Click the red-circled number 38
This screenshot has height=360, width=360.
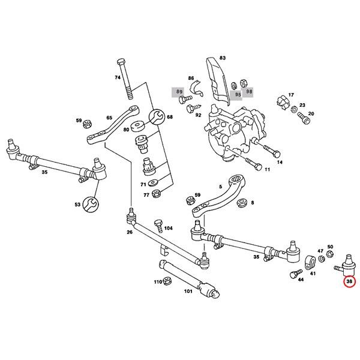[349, 280]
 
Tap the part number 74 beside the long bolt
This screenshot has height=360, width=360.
[118, 79]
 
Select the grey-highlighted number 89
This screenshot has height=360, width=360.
[179, 92]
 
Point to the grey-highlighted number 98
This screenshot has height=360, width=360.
[249, 92]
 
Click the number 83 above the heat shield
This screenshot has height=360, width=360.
[222, 58]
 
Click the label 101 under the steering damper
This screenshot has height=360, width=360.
[188, 293]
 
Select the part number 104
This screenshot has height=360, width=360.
[168, 229]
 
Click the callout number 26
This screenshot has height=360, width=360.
[130, 232]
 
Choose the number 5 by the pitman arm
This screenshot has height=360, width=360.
[220, 187]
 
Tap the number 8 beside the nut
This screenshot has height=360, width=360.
[252, 203]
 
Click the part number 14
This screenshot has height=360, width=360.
[278, 162]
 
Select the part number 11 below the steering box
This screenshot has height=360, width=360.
[267, 170]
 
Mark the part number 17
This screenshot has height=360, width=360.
[292, 95]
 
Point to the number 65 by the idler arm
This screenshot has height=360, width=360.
[109, 118]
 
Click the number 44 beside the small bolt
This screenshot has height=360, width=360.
[300, 279]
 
